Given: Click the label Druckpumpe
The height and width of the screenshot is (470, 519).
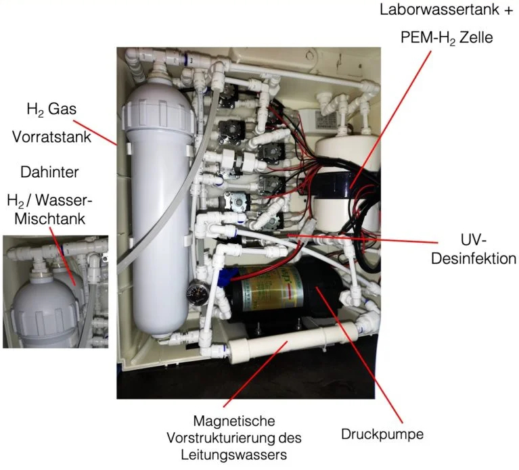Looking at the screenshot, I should pos(382,433).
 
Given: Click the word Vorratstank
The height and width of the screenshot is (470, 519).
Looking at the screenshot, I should pos(46,135).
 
